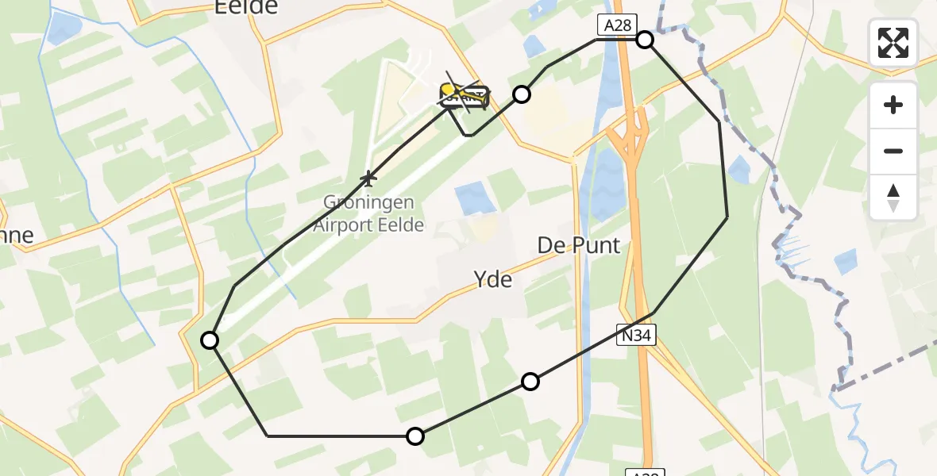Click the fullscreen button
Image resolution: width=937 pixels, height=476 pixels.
click(893, 43)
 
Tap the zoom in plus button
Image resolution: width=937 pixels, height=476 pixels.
click(893, 105)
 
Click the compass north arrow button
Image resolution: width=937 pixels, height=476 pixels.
click(893, 197)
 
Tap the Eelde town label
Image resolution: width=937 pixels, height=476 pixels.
click(246, 7)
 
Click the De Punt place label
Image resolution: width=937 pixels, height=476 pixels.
click(579, 245)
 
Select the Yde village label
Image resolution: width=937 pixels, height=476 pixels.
click(492, 278)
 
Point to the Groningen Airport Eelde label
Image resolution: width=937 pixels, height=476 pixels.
click(368, 213)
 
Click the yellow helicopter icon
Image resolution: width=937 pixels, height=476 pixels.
click(464, 96)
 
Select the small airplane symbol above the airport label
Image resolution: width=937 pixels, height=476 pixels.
click(368, 176)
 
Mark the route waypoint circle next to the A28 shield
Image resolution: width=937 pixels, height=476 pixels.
click(645, 40)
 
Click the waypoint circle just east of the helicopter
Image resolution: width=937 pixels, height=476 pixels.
click(521, 95)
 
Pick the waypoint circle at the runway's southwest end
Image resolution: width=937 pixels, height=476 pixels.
click(210, 340)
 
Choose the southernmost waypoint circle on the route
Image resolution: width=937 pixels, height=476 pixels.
click(415, 436)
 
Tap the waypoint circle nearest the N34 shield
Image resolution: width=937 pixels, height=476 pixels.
click(530, 382)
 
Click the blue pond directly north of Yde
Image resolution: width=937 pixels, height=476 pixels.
click(475, 196)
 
